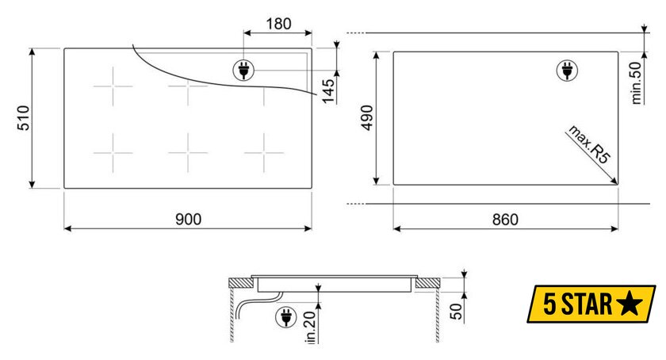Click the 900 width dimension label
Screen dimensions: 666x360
click(x=188, y=220)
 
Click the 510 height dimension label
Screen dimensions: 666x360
click(x=23, y=117)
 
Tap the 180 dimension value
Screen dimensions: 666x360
click(x=278, y=24)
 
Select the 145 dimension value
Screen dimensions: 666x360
click(x=328, y=91)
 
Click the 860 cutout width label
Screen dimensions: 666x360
click(x=506, y=220)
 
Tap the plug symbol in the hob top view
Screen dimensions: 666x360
click(x=243, y=70)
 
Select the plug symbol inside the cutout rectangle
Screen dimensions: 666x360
click(x=567, y=71)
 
